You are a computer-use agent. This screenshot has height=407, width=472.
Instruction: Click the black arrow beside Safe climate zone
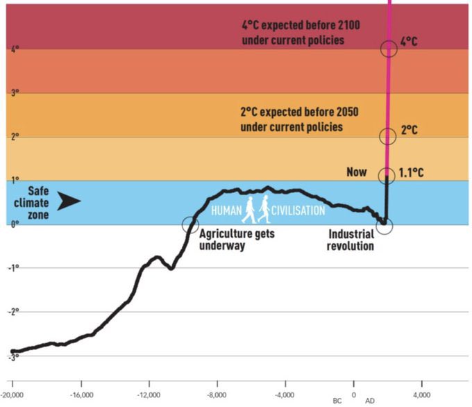69,202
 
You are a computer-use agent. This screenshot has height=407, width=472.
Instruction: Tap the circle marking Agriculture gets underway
189,224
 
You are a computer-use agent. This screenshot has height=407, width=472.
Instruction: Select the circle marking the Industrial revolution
385,226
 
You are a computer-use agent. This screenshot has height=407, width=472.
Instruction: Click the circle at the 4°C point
389,48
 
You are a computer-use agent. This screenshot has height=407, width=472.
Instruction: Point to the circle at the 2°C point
388,136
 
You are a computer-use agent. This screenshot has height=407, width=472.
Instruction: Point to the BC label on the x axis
337,401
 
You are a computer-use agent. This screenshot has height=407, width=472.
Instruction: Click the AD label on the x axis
371,401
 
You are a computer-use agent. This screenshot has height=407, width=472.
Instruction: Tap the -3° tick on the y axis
14,356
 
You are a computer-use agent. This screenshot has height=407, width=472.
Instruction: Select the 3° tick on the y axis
15,92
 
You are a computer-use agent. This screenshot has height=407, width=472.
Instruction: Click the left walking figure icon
248,209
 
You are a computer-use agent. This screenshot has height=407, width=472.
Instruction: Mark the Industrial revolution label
351,240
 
